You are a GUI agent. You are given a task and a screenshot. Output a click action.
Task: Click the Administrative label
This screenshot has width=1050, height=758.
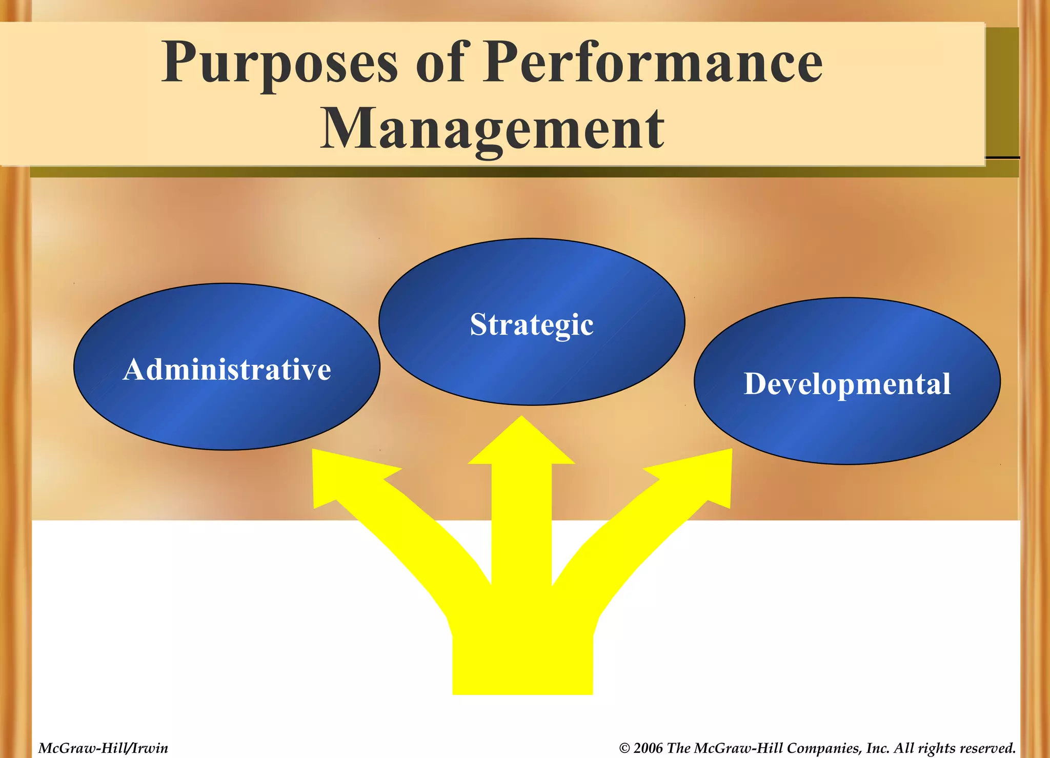[x=227, y=369]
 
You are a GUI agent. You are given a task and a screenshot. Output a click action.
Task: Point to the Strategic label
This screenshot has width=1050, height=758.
[x=532, y=324]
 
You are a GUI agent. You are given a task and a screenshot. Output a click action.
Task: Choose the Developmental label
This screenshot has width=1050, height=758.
[x=847, y=384]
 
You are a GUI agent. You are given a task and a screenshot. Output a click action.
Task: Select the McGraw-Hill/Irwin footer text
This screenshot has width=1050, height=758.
[x=103, y=748]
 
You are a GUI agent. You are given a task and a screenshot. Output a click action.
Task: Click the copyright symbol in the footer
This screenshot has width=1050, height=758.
[x=624, y=748]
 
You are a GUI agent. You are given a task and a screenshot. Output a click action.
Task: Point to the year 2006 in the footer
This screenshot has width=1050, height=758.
[x=648, y=748]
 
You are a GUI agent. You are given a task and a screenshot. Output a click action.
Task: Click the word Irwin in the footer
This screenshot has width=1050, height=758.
[x=150, y=748]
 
